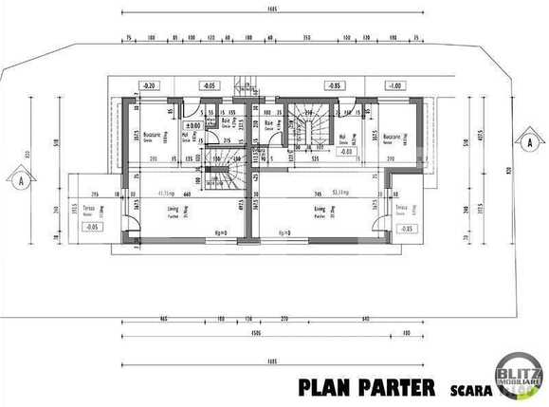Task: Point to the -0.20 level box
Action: tap(148, 85)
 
